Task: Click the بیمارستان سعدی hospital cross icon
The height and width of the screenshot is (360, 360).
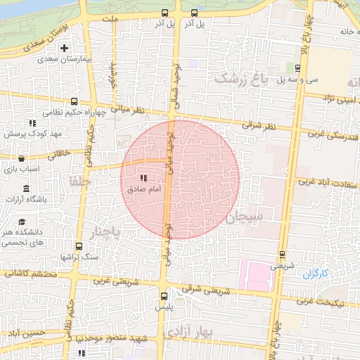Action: (65, 49)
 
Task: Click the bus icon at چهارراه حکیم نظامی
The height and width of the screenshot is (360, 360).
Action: (75, 101)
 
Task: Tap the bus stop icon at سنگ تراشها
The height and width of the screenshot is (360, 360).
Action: (78, 247)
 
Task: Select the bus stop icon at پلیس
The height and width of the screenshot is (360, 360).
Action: (164, 296)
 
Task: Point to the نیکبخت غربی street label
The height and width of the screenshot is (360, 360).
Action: (328, 302)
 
